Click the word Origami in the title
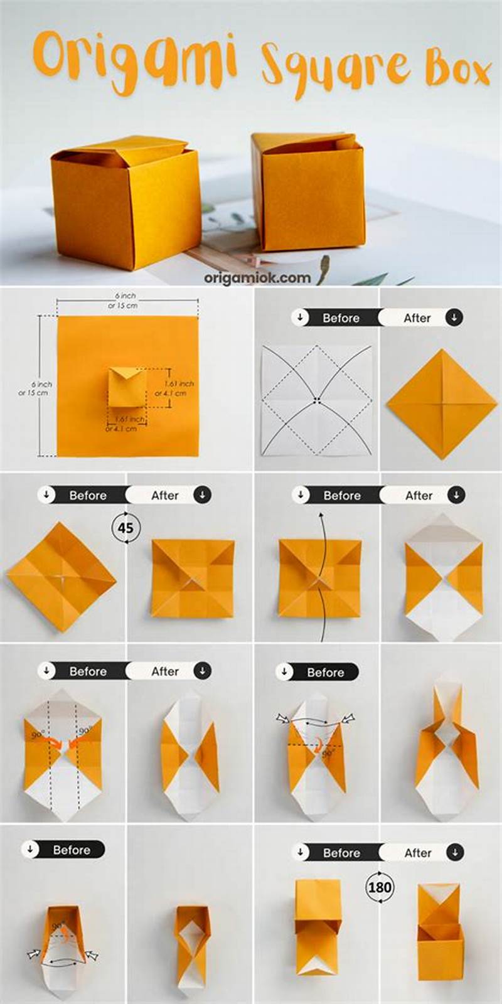tap(135, 60)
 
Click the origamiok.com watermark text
tap(257, 277)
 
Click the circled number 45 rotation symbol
tap(126, 527)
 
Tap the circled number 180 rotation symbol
tap(380, 887)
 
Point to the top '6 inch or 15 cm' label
tap(124, 300)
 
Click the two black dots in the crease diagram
tap(318, 400)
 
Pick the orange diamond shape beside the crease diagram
tap(441, 404)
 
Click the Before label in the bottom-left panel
tap(71, 850)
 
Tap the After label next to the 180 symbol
tap(418, 853)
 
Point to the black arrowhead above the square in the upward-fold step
tap(321, 516)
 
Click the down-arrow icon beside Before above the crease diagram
tap(301, 318)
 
